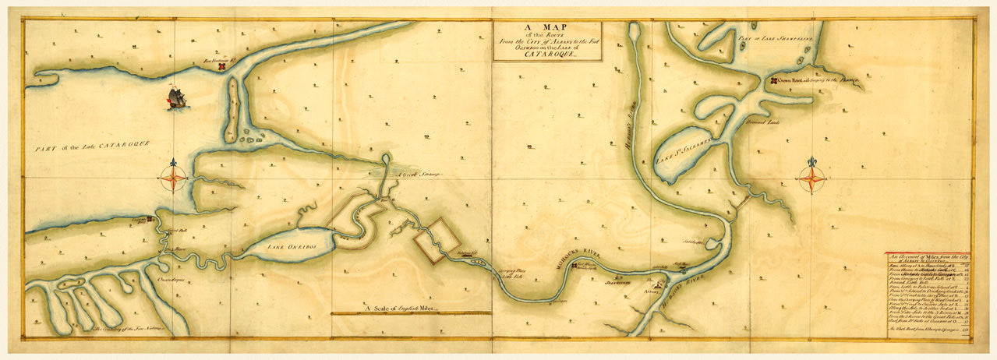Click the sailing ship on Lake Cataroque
click(177, 98)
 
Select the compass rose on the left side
click(175, 178)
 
